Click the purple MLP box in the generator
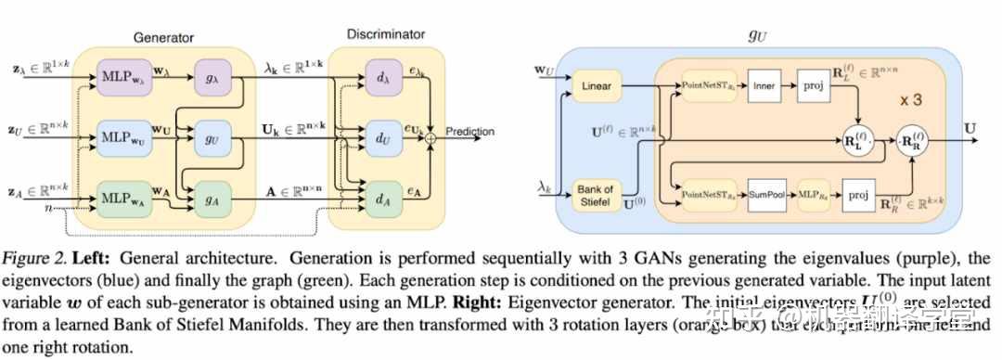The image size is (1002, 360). click(x=122, y=72)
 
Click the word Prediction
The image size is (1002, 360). click(x=470, y=132)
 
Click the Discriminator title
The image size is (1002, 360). click(x=385, y=34)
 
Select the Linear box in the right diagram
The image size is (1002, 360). click(x=597, y=86)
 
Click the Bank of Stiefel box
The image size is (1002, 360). click(x=597, y=195)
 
